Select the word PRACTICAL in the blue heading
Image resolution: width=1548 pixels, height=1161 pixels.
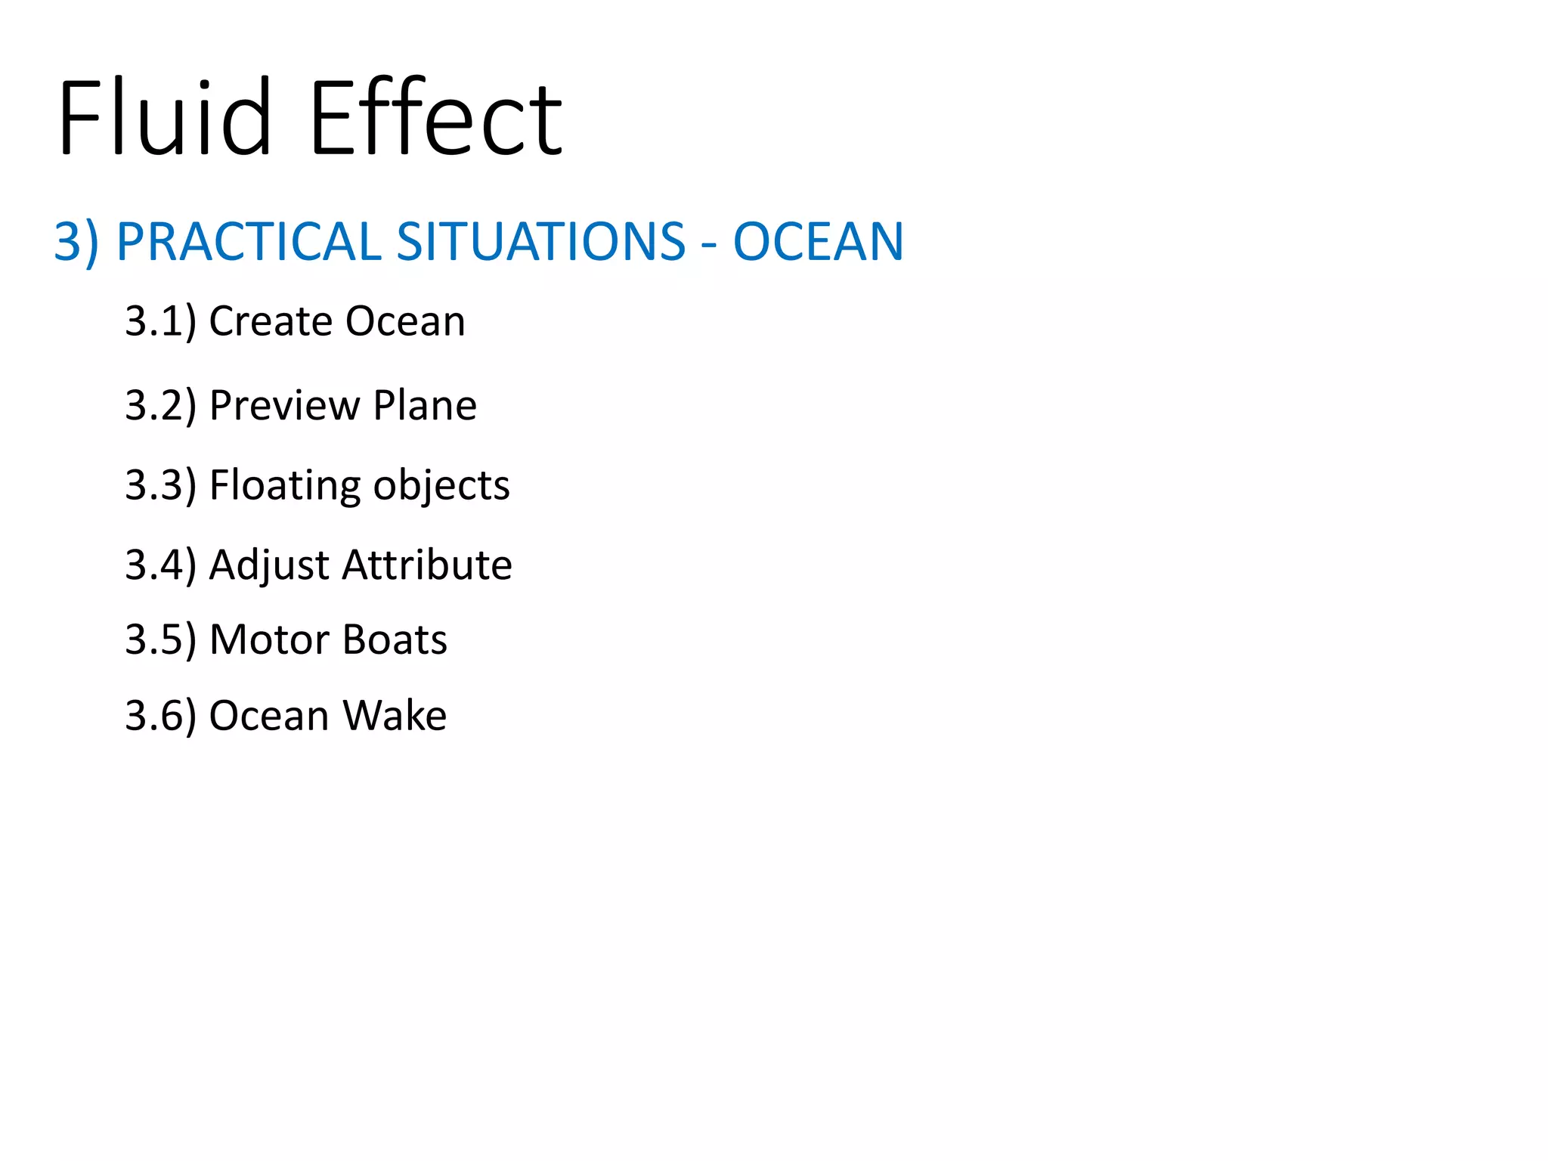click(x=249, y=242)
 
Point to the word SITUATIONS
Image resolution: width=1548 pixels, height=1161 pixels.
click(x=540, y=242)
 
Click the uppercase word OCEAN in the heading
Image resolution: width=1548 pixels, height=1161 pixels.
click(x=819, y=242)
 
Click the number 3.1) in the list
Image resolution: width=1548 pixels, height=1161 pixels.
click(x=160, y=321)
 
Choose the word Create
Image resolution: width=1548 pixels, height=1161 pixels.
click(x=271, y=321)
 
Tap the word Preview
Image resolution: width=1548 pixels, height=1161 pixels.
click(x=285, y=406)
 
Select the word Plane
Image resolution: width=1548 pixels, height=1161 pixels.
click(x=425, y=405)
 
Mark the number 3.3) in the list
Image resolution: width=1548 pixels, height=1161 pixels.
click(x=160, y=485)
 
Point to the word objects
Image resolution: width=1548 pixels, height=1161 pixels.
click(x=441, y=485)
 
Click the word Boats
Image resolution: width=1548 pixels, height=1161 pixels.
click(x=395, y=639)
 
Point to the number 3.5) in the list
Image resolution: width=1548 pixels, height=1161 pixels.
click(x=160, y=639)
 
